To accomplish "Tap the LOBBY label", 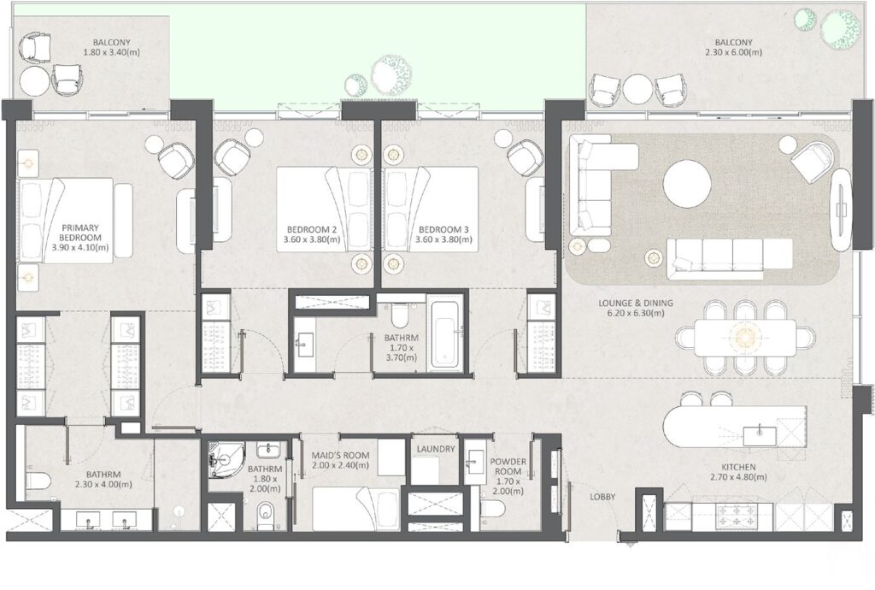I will (x=604, y=497).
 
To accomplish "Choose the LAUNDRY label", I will (x=436, y=448).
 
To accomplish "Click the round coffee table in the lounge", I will (x=687, y=184).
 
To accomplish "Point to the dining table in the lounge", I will (x=743, y=337).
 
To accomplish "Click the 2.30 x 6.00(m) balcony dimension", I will (x=734, y=52).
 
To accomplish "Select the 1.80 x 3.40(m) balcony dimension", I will (x=111, y=52).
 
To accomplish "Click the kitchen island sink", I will (x=758, y=434).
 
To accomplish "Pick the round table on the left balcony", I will (x=35, y=81).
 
